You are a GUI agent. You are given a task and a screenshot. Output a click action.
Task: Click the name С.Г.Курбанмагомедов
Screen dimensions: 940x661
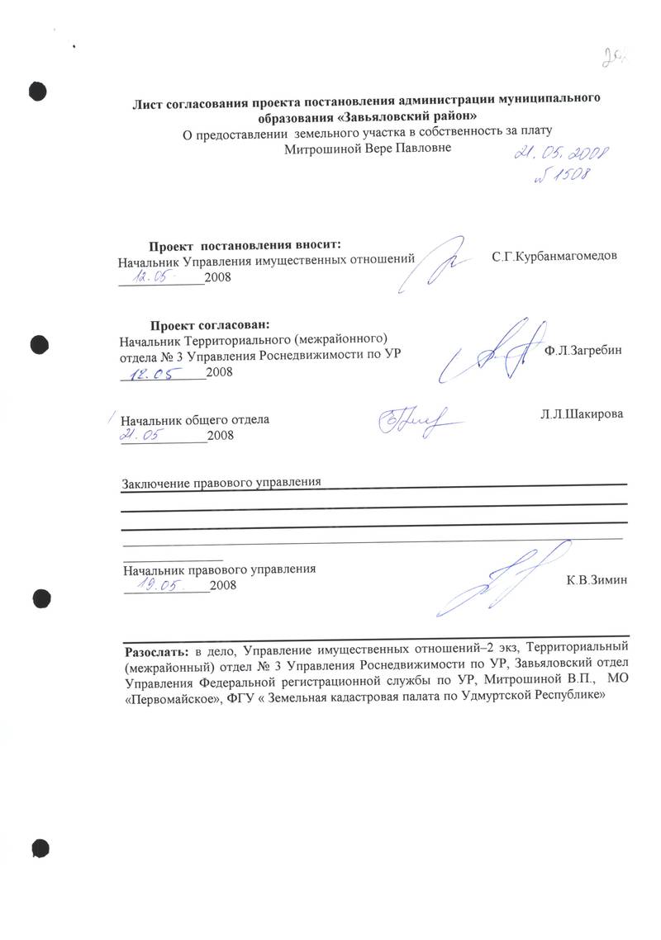click(554, 257)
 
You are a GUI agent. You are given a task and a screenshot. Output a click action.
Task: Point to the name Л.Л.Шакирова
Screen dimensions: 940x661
click(575, 413)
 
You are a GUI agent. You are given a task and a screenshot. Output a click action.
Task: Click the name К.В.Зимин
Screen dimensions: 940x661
click(597, 580)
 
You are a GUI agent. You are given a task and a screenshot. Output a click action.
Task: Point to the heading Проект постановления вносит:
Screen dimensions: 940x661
click(244, 245)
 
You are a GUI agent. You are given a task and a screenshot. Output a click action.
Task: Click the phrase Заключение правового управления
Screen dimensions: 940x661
click(221, 482)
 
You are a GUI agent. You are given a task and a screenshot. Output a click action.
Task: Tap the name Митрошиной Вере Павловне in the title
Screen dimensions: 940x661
click(367, 148)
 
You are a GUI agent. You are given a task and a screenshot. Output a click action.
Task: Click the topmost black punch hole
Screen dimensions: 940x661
click(38, 89)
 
